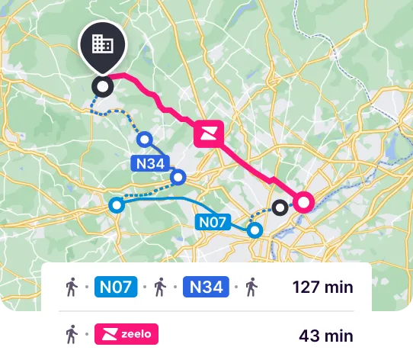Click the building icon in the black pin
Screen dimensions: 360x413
click(x=103, y=43)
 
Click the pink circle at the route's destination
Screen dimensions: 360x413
click(x=303, y=202)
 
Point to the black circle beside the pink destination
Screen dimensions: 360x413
click(x=280, y=207)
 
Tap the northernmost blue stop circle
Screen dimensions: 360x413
click(x=145, y=139)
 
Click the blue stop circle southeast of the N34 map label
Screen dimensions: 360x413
click(x=178, y=178)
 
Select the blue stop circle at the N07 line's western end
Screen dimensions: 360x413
click(x=116, y=204)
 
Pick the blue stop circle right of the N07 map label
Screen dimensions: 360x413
click(x=255, y=230)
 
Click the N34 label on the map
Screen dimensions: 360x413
click(x=149, y=163)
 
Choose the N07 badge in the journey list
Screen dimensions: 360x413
click(x=116, y=288)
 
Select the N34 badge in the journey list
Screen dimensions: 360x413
click(x=206, y=288)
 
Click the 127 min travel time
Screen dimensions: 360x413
click(x=323, y=288)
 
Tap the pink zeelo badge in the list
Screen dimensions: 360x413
click(x=126, y=334)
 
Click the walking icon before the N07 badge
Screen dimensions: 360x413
click(x=72, y=288)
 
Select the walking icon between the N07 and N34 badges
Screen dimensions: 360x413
click(x=161, y=288)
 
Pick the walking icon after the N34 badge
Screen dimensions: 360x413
click(x=251, y=288)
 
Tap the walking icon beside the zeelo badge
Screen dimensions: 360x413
click(x=72, y=334)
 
